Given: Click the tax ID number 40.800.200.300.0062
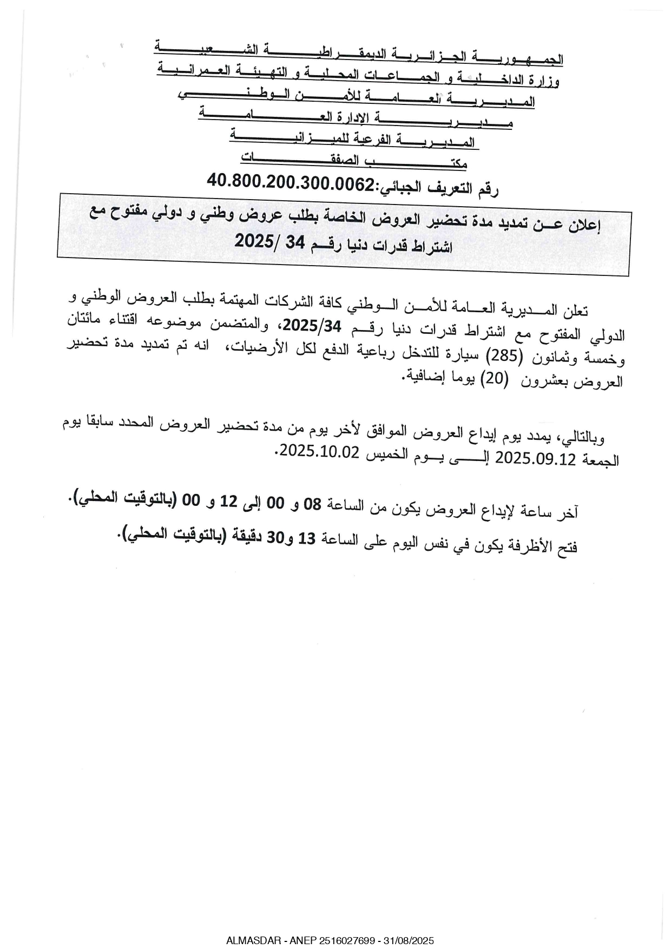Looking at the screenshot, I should (291, 181).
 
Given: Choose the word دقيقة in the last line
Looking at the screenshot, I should (249, 536).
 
